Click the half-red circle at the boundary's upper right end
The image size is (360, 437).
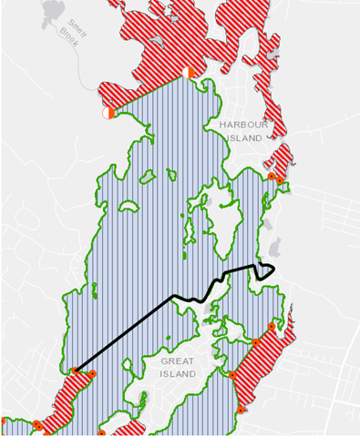(x=186, y=72)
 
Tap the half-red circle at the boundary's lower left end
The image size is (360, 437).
(x=108, y=113)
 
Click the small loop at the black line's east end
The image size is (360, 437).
(x=266, y=269)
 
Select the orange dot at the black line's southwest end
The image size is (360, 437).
(x=74, y=371)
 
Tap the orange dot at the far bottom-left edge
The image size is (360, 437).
(x=36, y=424)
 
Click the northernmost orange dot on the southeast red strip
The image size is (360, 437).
(x=272, y=326)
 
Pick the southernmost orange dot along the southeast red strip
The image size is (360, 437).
(x=240, y=411)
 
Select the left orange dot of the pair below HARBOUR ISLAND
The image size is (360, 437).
(x=271, y=176)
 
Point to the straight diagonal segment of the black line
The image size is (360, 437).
(x=123, y=333)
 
